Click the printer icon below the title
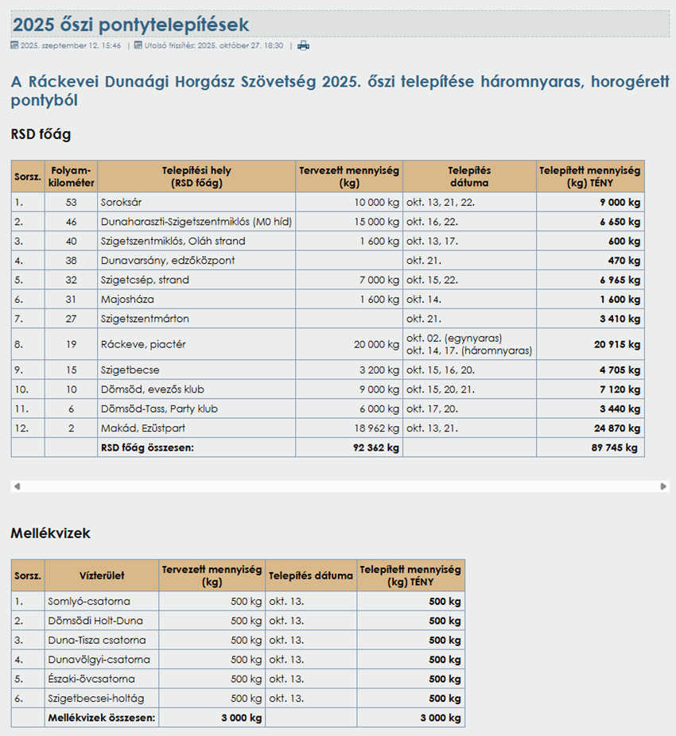(303, 45)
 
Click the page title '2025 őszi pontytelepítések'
(131, 25)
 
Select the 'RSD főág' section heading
(41, 134)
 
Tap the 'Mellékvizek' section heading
(50, 533)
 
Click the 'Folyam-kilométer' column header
(71, 176)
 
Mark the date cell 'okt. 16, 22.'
(430, 222)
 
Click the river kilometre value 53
(71, 203)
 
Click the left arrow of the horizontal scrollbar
(17, 486)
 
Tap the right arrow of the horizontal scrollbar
(663, 486)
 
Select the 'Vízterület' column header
(102, 575)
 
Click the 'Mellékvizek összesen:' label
(102, 718)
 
